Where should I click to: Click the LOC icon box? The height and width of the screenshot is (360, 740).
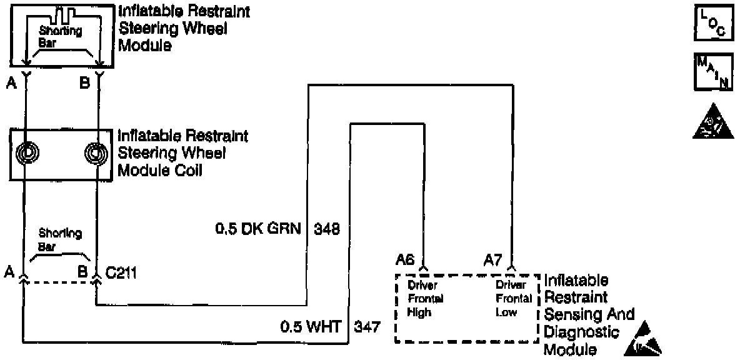point(713,25)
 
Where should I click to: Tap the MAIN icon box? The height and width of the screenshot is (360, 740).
point(713,72)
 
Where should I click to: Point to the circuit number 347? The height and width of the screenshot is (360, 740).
point(367,326)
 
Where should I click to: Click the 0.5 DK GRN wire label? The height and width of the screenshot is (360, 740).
point(257,229)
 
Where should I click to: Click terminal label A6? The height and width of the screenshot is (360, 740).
point(407,259)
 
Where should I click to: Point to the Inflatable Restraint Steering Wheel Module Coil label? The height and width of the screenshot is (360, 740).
point(182,152)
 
